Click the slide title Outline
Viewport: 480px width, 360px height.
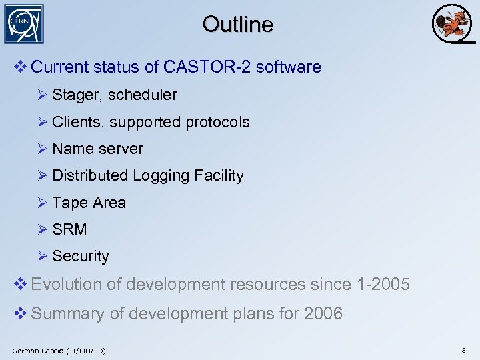pyautogui.click(x=238, y=25)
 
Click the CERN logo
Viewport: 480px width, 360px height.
pyautogui.click(x=24, y=24)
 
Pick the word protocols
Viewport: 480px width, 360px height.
pyautogui.click(x=217, y=123)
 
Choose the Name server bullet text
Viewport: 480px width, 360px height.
pyautogui.click(x=97, y=149)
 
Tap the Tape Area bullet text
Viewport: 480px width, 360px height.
pyautogui.click(x=89, y=203)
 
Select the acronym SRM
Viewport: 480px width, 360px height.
pyautogui.click(x=69, y=229)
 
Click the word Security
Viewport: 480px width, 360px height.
pyautogui.click(x=80, y=256)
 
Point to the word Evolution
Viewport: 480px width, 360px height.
pyautogui.click(x=67, y=285)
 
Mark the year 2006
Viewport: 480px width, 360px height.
pyautogui.click(x=323, y=313)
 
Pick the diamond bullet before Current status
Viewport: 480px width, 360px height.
pyautogui.click(x=20, y=67)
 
